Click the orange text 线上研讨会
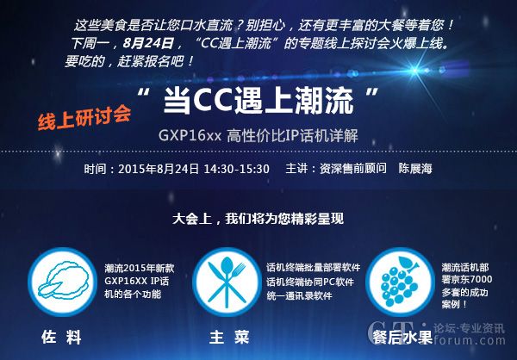tap(84, 117)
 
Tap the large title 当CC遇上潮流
tap(258, 101)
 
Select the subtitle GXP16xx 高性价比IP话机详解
tap(258, 135)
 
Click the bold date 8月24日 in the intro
tap(148, 43)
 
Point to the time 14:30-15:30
tap(236, 169)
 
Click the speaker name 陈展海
tap(415, 169)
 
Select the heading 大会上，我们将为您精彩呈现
tap(258, 219)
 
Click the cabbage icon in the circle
tap(63, 282)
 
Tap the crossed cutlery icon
tap(227, 282)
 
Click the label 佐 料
tap(62, 338)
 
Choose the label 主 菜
tap(229, 338)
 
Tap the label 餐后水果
tap(402, 338)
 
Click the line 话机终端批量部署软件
tap(314, 267)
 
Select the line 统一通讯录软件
tap(299, 295)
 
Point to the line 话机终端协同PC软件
tap(310, 282)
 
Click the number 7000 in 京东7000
tap(480, 280)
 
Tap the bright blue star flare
tap(414, 71)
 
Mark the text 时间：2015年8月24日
tap(141, 169)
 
